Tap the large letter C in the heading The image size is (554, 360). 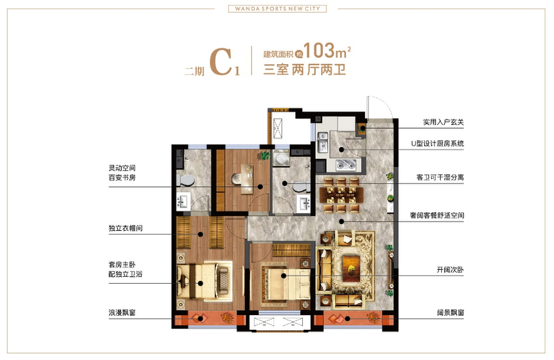point(221,63)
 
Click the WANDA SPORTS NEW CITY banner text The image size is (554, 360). point(277,9)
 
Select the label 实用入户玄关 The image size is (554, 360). point(443,122)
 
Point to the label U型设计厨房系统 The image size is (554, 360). point(438,143)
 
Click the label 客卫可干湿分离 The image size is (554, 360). point(440,177)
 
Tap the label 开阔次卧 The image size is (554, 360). point(450,270)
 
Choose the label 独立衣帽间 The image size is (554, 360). point(125,228)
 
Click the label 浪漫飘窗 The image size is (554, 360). point(122,313)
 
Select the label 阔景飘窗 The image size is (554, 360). point(450,313)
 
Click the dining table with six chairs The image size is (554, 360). point(341,195)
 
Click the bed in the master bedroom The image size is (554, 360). point(203,282)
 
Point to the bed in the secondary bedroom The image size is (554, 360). point(286,283)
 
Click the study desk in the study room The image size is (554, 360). point(247,179)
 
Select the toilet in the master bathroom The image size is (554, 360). point(185,180)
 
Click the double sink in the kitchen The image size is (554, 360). point(323,142)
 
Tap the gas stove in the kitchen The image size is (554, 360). point(347,164)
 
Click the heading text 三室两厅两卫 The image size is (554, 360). point(304,70)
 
